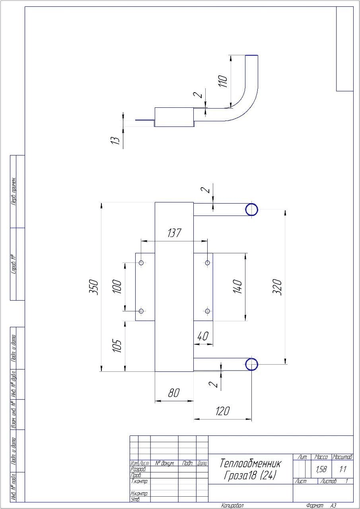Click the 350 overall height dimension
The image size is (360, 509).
94,287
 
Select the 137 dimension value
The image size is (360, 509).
174,233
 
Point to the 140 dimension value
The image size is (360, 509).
237,287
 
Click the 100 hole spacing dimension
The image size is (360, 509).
117,287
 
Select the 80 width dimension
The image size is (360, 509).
174,393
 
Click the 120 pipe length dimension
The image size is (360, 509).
222,411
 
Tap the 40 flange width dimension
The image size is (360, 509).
202,336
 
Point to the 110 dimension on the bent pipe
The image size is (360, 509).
223,81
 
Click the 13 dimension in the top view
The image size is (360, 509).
115,141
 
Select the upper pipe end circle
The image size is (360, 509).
251,210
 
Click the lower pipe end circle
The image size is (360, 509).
251,364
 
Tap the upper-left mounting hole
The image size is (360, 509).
141,263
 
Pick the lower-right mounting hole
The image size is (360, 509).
207,311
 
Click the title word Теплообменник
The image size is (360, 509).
250,464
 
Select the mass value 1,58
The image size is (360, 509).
321,470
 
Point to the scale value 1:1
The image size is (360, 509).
342,470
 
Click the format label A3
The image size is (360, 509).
333,505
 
